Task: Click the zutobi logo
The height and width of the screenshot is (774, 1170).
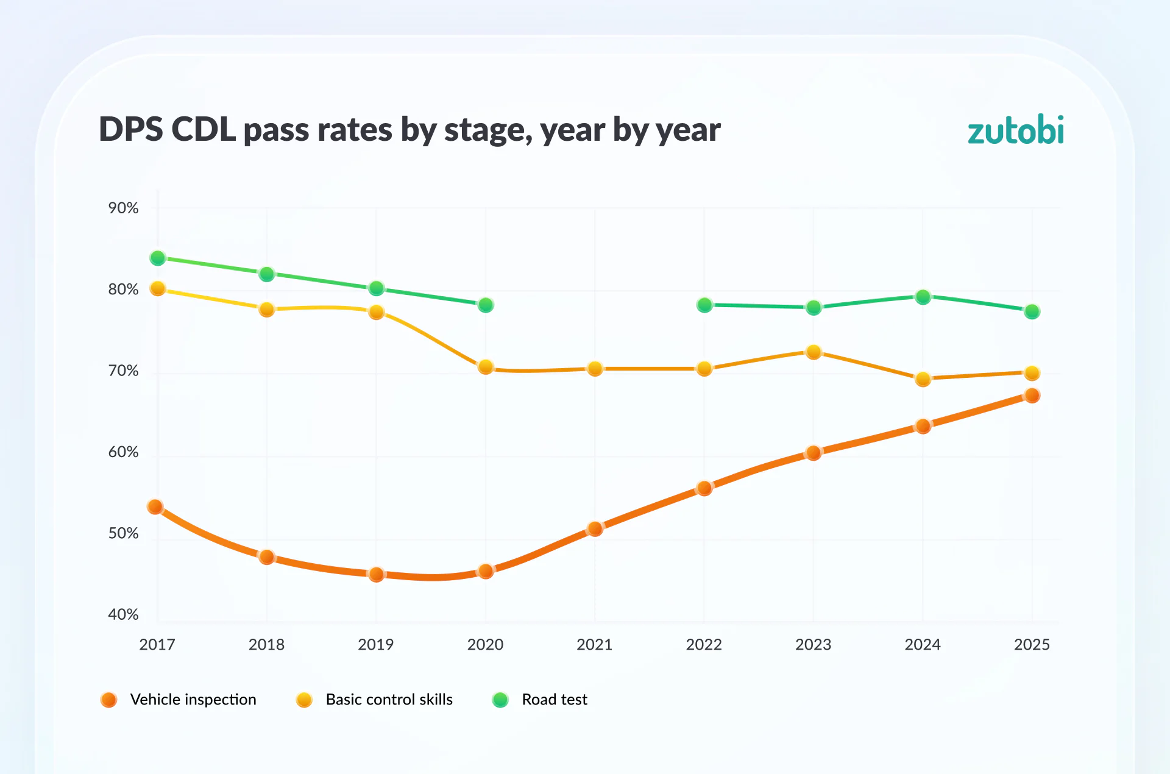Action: coord(1015,130)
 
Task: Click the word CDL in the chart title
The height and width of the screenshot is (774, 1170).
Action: coord(203,129)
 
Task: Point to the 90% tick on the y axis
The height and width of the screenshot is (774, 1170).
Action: coord(123,208)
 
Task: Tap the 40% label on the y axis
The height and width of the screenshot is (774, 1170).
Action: coord(123,614)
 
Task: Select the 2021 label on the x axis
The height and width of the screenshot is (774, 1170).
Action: coord(594,644)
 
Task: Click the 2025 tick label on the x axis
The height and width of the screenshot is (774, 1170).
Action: coord(1032,644)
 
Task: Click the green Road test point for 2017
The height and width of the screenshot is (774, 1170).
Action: coord(158,258)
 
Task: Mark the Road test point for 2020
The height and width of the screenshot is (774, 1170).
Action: coord(486,305)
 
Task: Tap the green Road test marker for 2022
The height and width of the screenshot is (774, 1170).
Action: coord(704,305)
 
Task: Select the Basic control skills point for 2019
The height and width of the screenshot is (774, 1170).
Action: coord(376,312)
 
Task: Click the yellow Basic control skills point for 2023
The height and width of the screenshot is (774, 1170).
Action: coord(814,352)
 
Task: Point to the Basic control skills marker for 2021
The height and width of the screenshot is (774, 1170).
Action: coord(595,369)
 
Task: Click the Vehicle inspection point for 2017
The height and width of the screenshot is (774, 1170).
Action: coord(155,506)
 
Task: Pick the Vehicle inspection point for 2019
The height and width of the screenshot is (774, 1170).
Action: coord(376,574)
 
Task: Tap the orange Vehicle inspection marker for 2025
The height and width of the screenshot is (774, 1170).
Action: coord(1032,396)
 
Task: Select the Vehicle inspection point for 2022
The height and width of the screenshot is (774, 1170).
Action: coord(704,488)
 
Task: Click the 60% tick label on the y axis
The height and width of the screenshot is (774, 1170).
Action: coord(123,452)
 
